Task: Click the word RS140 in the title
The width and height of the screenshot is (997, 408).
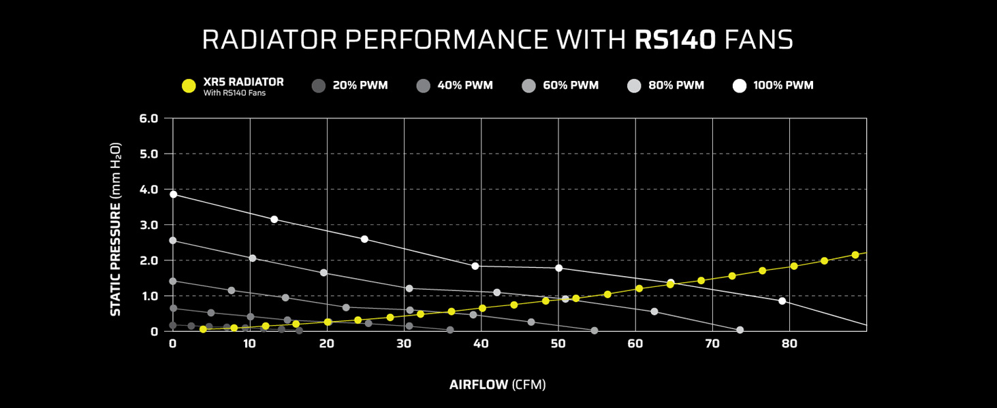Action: tap(675, 39)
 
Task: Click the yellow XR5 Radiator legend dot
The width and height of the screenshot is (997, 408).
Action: tap(189, 86)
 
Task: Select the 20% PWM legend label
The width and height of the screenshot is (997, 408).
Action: tap(360, 86)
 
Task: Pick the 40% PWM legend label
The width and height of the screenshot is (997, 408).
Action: tap(465, 86)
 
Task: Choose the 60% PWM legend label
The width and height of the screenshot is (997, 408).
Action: tap(571, 86)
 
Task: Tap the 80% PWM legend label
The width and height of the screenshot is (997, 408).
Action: tap(676, 86)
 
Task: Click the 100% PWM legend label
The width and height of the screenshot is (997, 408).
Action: tap(783, 86)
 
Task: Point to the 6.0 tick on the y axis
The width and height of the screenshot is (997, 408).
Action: tap(148, 118)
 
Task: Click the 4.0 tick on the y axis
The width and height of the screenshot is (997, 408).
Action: tap(148, 189)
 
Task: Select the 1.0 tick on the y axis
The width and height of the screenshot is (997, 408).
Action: tap(148, 296)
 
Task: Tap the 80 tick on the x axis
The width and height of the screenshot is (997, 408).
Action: tap(789, 344)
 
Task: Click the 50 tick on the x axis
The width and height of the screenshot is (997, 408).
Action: tap(558, 344)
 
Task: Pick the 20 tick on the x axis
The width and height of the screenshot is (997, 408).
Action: tap(327, 344)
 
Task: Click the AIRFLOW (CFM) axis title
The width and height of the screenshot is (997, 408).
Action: tap(498, 385)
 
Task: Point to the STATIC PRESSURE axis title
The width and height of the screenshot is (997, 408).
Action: tap(116, 228)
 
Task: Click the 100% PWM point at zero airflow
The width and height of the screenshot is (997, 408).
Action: tap(173, 194)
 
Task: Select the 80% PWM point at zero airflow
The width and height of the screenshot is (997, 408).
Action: tap(173, 240)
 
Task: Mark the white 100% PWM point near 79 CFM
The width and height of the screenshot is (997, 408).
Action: tap(782, 301)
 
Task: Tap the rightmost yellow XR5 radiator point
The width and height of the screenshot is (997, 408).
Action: tap(855, 255)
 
